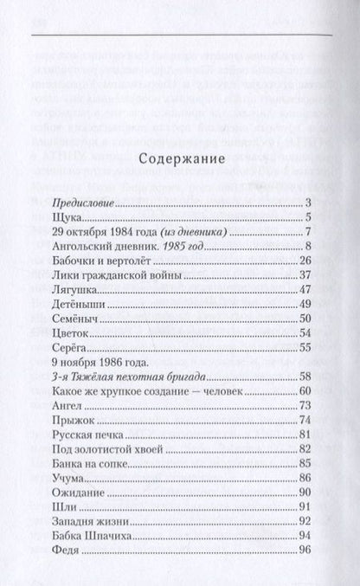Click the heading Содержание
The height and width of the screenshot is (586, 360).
179,159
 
